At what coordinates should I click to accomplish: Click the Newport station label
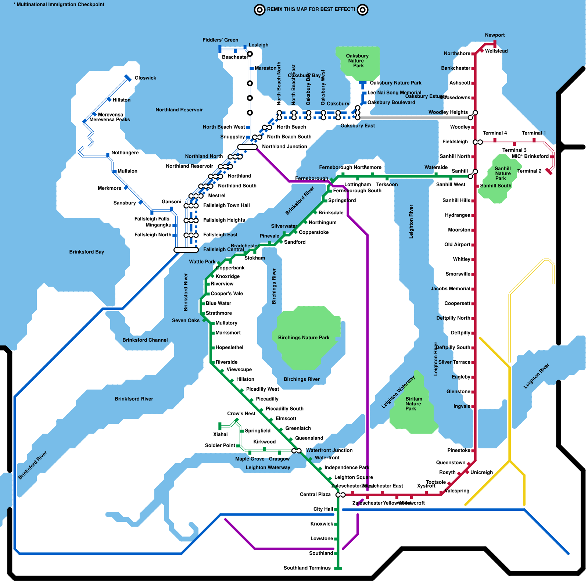[x=495, y=35]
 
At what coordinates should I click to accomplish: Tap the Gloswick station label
[x=145, y=78]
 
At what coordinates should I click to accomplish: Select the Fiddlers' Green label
[x=220, y=40]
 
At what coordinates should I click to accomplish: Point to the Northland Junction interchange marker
[x=247, y=147]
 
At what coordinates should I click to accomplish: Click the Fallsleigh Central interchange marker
[x=186, y=250]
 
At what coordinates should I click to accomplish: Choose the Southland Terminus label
[x=307, y=568]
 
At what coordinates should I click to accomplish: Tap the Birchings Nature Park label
[x=304, y=338]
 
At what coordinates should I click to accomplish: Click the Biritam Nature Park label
[x=413, y=404]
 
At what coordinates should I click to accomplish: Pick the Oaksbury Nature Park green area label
[x=357, y=61]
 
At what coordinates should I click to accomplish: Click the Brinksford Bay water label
[x=86, y=252]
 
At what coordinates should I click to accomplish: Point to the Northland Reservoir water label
[x=179, y=110]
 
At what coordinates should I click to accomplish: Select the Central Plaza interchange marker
[x=340, y=495]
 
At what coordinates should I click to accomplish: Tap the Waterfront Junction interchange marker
[x=296, y=451]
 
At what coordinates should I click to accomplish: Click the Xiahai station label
[x=220, y=434]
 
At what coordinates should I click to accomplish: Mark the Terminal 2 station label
[x=529, y=171]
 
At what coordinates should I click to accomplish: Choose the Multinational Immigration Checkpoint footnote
[x=59, y=4]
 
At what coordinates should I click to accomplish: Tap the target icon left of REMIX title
[x=259, y=10]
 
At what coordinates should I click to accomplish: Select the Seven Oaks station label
[x=186, y=320]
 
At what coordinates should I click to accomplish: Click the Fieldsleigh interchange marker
[x=478, y=142]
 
